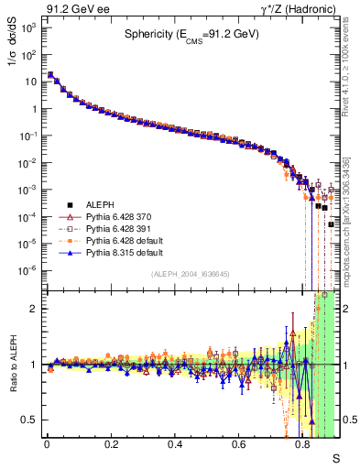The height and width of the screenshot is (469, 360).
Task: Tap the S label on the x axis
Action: coord(335,457)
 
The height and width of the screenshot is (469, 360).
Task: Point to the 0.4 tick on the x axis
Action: coord(175,444)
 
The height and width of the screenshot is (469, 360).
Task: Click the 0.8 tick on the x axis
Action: coord(303,444)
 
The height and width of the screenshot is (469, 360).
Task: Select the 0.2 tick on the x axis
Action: coord(111,444)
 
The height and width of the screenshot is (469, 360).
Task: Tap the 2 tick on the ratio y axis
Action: coord(35,309)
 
